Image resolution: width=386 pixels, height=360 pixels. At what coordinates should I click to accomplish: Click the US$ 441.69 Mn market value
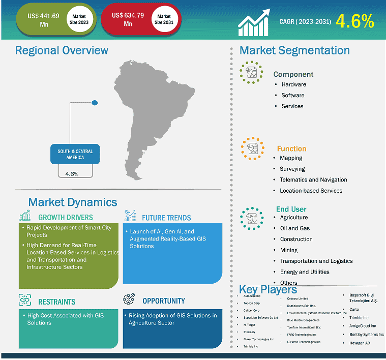(43, 20)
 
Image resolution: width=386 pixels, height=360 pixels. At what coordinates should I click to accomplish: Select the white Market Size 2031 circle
(164, 20)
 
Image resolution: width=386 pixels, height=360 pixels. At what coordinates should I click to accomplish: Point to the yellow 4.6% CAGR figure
(355, 21)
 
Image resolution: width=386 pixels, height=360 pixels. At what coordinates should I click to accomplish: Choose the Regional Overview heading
(62, 50)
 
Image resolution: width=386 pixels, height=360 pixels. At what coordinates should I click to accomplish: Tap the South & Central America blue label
(71, 154)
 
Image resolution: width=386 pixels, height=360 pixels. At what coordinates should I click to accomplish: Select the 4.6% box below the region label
(72, 173)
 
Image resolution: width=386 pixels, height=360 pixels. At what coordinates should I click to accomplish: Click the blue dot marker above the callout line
(94, 103)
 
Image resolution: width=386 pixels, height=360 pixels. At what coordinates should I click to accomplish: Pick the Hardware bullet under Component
(293, 84)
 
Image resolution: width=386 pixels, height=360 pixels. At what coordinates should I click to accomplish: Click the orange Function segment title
(291, 149)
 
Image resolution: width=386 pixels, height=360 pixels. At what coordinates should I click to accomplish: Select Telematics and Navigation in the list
(313, 179)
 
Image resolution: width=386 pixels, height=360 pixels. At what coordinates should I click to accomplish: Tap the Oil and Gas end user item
(295, 228)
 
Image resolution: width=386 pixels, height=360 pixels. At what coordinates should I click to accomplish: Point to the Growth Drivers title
(66, 218)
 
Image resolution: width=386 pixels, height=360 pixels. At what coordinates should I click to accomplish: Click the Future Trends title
(166, 218)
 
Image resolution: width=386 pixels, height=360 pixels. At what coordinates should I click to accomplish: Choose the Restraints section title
(56, 302)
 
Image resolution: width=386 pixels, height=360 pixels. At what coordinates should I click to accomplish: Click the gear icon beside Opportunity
(129, 300)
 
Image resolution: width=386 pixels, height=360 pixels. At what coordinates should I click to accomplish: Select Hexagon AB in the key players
(360, 343)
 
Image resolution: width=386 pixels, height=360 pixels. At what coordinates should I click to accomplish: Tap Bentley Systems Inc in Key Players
(367, 335)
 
